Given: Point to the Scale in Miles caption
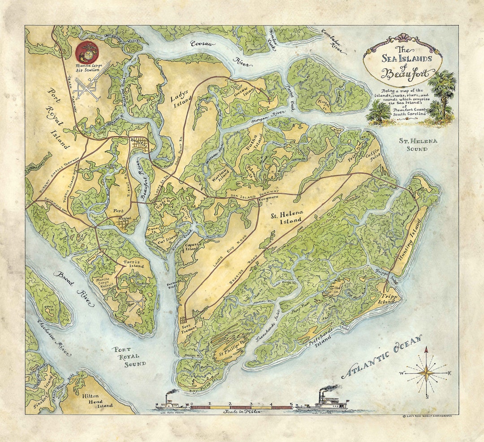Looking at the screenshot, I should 242,411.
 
